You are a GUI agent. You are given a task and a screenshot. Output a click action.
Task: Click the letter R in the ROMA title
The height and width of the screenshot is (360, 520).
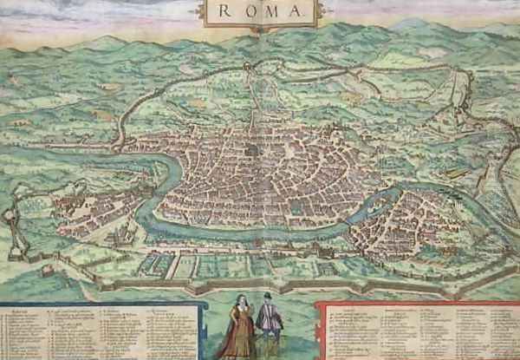pyautogui.click(x=224, y=10)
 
